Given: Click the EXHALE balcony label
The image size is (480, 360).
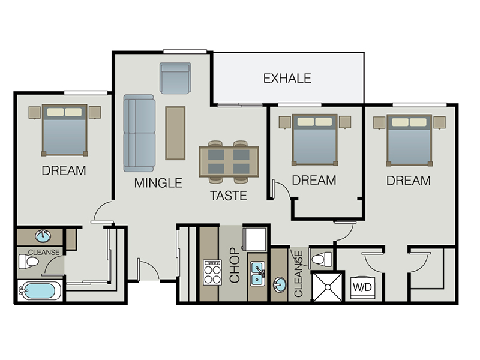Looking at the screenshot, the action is [x=287, y=79].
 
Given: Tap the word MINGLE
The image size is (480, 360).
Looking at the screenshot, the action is [x=158, y=183].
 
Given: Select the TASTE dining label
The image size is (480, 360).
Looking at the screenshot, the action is [x=229, y=196].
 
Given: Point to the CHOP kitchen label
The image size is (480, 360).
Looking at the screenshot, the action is [x=235, y=265].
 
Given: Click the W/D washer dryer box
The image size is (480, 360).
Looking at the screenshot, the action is [x=362, y=287].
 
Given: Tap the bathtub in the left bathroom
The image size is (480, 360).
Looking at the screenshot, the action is [x=38, y=291].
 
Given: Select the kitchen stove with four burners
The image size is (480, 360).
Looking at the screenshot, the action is [x=212, y=272].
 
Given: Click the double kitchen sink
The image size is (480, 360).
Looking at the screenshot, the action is [x=257, y=274].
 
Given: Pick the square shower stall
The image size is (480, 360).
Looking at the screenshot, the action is [x=328, y=287].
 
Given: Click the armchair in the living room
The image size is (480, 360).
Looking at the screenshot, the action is [x=175, y=79].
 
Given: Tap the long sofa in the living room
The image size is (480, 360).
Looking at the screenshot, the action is [x=139, y=133].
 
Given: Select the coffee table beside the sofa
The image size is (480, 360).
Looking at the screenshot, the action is [x=175, y=133].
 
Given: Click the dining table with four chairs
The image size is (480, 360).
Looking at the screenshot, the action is [x=229, y=162].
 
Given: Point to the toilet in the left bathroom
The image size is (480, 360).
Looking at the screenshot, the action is [x=28, y=262].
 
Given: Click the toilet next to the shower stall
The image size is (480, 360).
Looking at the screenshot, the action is [x=322, y=259].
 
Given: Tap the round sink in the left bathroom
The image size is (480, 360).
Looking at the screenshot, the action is [x=43, y=236].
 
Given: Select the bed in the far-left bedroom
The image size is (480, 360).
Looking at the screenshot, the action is [x=65, y=130].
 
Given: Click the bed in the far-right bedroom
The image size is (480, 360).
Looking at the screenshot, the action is [x=409, y=140].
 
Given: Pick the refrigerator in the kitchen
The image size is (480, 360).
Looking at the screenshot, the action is [x=254, y=239].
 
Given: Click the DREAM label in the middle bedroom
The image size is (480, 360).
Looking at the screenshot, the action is [x=314, y=181].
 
